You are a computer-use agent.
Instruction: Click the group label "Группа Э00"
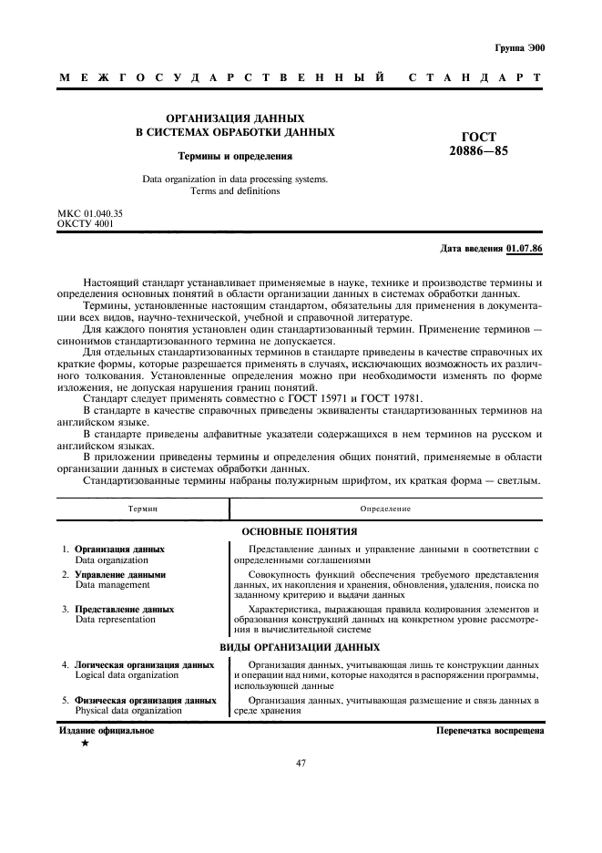pyautogui.click(x=519, y=47)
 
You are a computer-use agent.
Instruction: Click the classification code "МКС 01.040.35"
pyautogui.click(x=90, y=213)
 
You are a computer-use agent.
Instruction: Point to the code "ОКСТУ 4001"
pyautogui.click(x=86, y=223)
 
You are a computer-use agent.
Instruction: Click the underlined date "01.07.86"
pyautogui.click(x=525, y=248)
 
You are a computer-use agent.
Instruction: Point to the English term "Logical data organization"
pyautogui.click(x=127, y=675)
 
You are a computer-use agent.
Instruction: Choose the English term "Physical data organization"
pyautogui.click(x=128, y=709)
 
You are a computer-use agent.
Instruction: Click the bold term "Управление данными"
pyautogui.click(x=120, y=575)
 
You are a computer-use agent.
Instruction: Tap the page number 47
pyautogui.click(x=300, y=763)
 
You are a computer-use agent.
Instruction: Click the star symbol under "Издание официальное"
pyautogui.click(x=85, y=744)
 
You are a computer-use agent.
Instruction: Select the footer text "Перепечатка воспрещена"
pyautogui.click(x=490, y=731)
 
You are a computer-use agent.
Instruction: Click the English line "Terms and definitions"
pyautogui.click(x=235, y=191)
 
